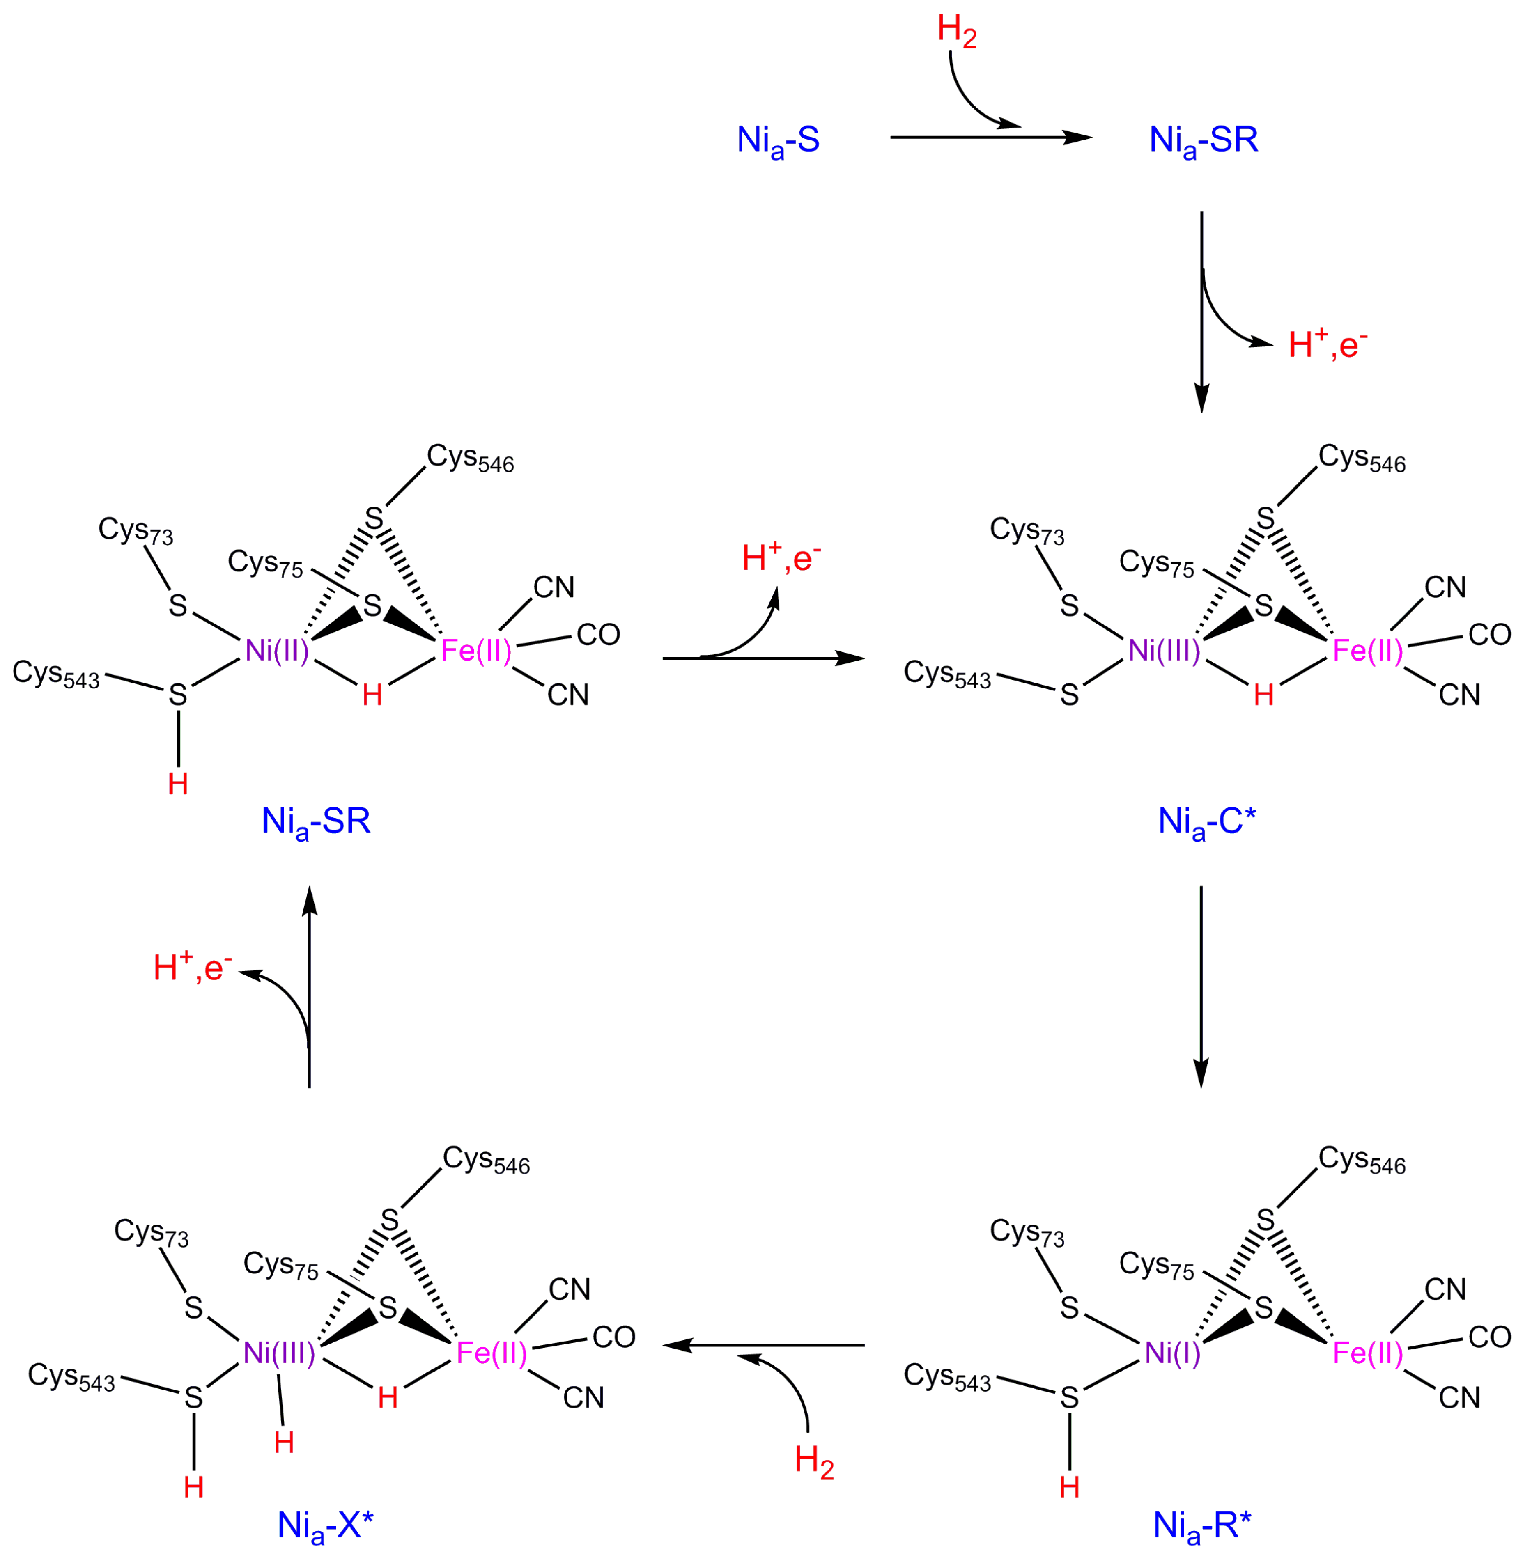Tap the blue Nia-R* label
point(1202,1525)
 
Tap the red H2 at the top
point(957,32)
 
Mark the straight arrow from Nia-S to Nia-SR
point(990,138)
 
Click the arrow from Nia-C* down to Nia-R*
point(1201,986)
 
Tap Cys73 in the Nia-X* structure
point(151,1232)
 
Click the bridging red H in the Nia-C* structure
point(1263,695)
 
